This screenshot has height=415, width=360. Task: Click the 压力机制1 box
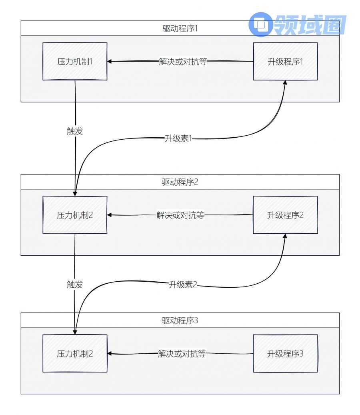point(75,61)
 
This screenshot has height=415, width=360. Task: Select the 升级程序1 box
point(286,61)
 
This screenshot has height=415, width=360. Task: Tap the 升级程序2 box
point(286,215)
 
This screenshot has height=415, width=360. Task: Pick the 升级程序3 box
point(286,353)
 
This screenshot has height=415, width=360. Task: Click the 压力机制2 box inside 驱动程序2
point(75,215)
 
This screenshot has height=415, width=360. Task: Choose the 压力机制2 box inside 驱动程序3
point(75,353)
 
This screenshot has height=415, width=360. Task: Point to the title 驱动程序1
point(180,29)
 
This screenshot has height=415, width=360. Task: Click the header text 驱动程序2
point(180,182)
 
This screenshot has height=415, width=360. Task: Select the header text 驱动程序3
point(180,321)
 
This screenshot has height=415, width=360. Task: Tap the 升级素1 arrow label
point(179,138)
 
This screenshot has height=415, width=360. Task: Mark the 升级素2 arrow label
point(183,286)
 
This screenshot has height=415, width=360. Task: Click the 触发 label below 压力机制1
point(75,131)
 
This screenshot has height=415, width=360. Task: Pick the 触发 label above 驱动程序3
point(75,285)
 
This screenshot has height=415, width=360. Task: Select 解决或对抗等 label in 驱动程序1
point(183,62)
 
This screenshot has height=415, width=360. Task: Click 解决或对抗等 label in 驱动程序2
point(180,215)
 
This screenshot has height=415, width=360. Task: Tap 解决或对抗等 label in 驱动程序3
point(181,354)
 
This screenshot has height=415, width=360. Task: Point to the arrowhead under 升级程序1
point(286,82)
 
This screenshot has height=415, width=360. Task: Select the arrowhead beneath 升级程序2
point(286,236)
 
